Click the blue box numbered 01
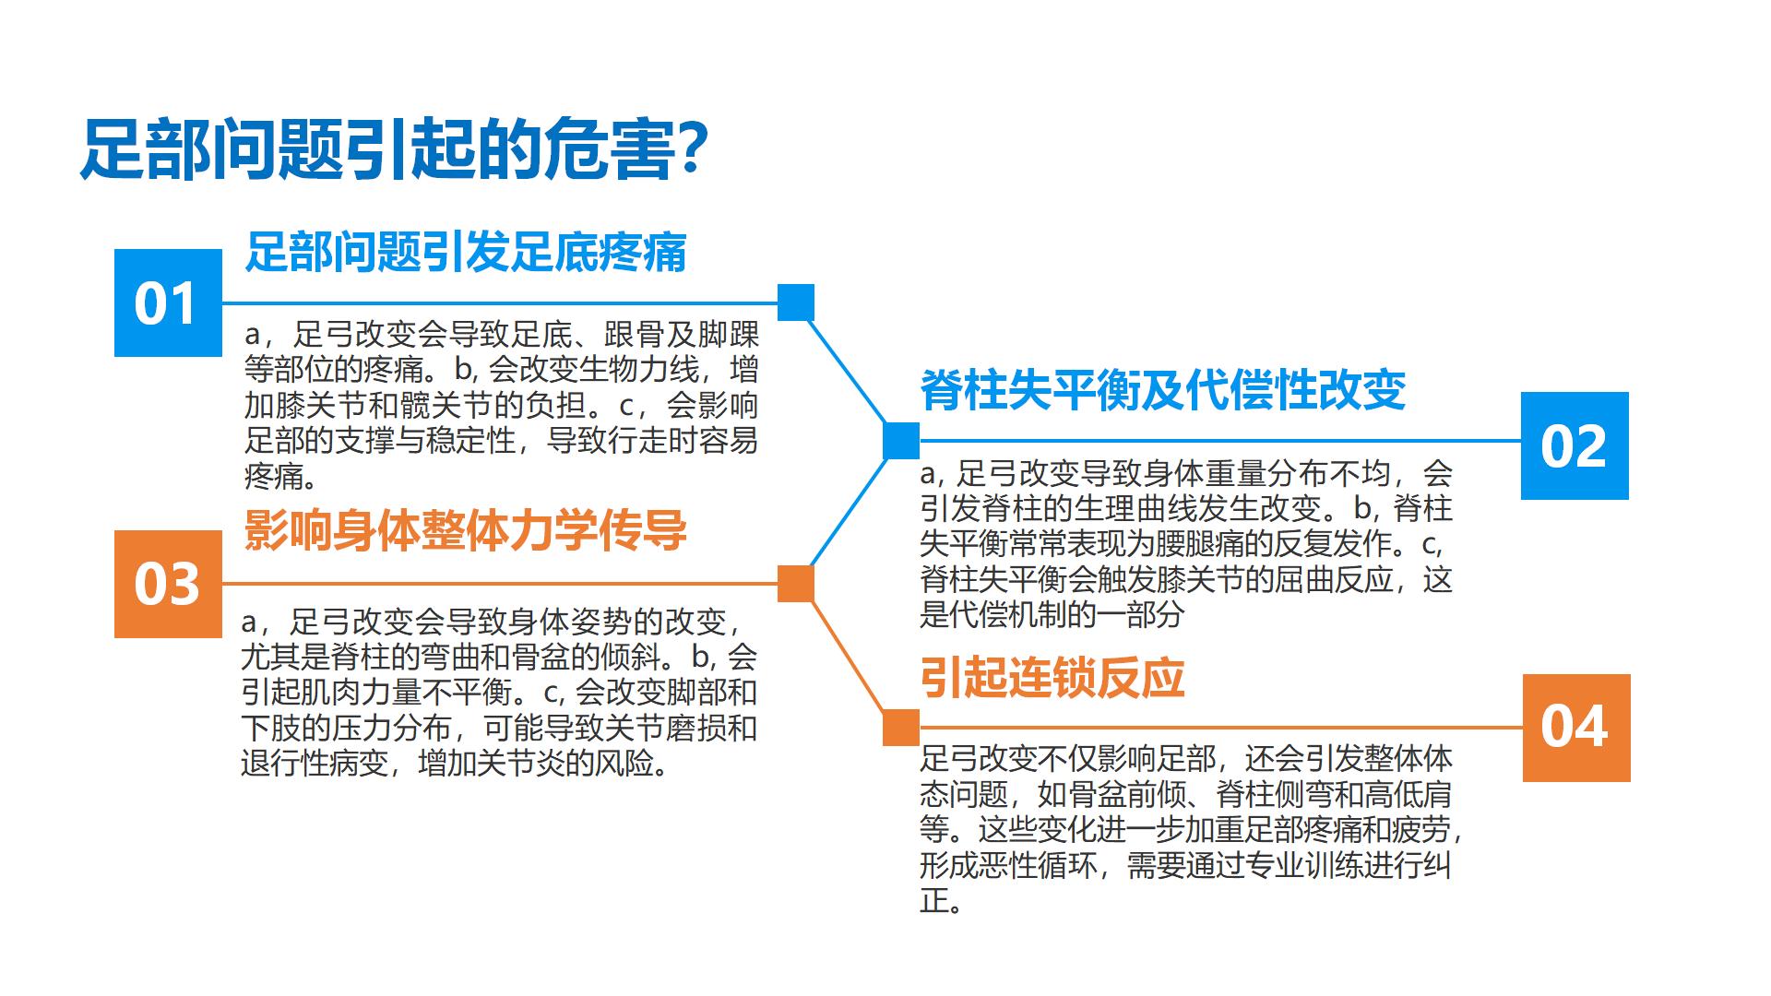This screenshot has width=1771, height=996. pyautogui.click(x=168, y=302)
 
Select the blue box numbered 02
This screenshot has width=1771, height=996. pyautogui.click(x=1575, y=445)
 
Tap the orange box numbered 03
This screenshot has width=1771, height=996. pyautogui.click(x=168, y=584)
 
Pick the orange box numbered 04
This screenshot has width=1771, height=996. pyautogui.click(x=1576, y=728)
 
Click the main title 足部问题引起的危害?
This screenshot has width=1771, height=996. pyautogui.click(x=394, y=148)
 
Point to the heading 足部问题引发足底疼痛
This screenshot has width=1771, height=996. pyautogui.click(x=466, y=252)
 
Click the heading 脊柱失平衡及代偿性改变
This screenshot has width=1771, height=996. pyautogui.click(x=1163, y=390)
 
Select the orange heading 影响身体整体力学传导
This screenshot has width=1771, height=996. pyautogui.click(x=466, y=531)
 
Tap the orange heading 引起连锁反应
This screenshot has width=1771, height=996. pyautogui.click(x=1052, y=678)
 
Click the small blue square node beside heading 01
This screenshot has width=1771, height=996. pyautogui.click(x=796, y=302)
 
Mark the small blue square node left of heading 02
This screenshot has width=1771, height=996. pyautogui.click(x=901, y=441)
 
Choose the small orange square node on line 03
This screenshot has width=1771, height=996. pyautogui.click(x=796, y=584)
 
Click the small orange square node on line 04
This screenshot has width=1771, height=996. pyautogui.click(x=901, y=728)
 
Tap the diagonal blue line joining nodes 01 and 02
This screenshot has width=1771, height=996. pyautogui.click(x=849, y=372)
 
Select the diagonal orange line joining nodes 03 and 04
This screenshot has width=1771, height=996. pyautogui.click(x=849, y=656)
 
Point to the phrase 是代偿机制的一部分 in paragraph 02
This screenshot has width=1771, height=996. pyautogui.click(x=1052, y=614)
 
